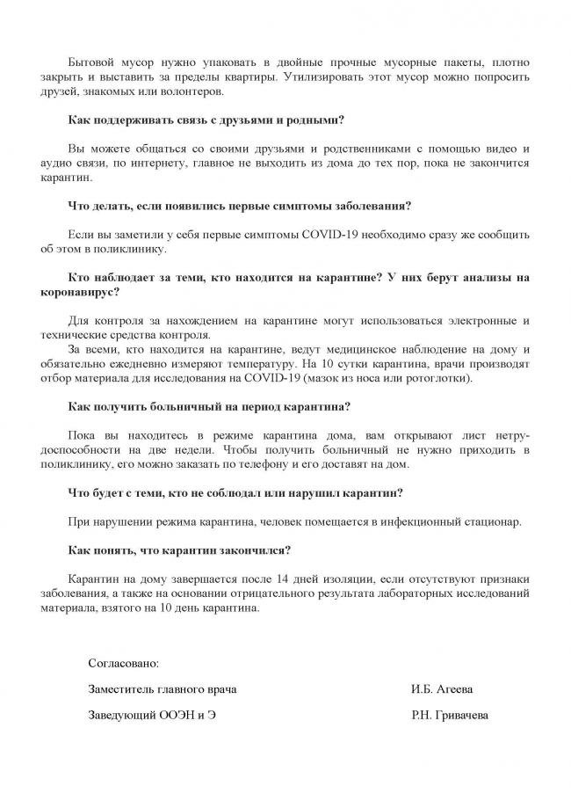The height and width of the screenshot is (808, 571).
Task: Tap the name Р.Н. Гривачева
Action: [449, 716]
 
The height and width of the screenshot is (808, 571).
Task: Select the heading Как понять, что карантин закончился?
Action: [179, 552]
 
